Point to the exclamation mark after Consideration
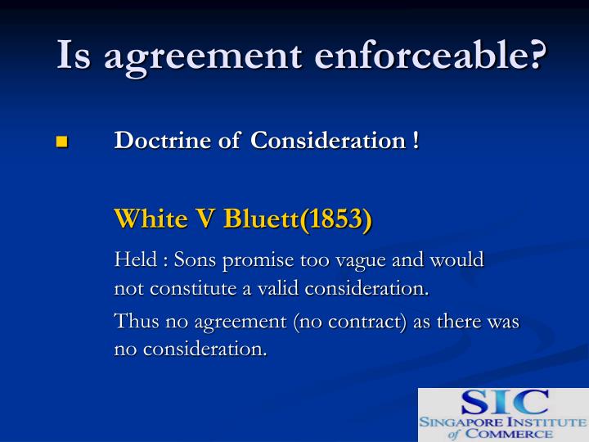[x=416, y=140]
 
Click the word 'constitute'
[x=185, y=289]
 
